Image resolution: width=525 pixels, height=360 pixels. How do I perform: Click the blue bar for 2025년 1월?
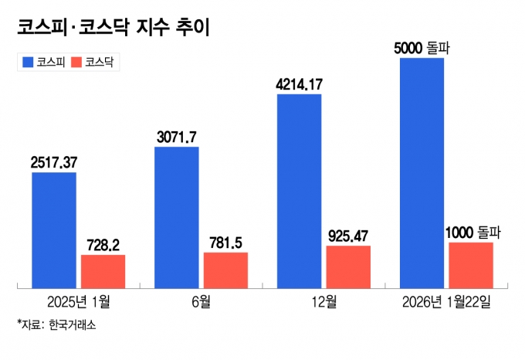point(54,230)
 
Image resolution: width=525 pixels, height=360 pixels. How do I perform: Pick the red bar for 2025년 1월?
point(103,271)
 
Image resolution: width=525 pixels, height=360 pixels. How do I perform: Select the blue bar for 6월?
point(176,217)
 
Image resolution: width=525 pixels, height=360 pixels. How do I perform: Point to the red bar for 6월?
point(225,270)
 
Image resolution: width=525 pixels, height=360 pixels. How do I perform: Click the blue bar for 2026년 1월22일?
point(422,172)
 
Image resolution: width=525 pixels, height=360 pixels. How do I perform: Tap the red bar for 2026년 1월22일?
point(470,265)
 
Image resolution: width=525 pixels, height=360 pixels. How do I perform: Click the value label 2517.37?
point(54,162)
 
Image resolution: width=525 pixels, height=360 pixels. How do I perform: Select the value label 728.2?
point(103,244)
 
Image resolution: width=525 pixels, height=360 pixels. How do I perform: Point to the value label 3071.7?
point(176,137)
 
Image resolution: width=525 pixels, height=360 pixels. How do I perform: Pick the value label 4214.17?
point(299,83)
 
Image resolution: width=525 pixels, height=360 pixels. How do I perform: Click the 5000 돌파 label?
point(422,48)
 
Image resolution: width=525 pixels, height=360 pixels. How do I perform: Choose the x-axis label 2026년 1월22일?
point(445,301)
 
